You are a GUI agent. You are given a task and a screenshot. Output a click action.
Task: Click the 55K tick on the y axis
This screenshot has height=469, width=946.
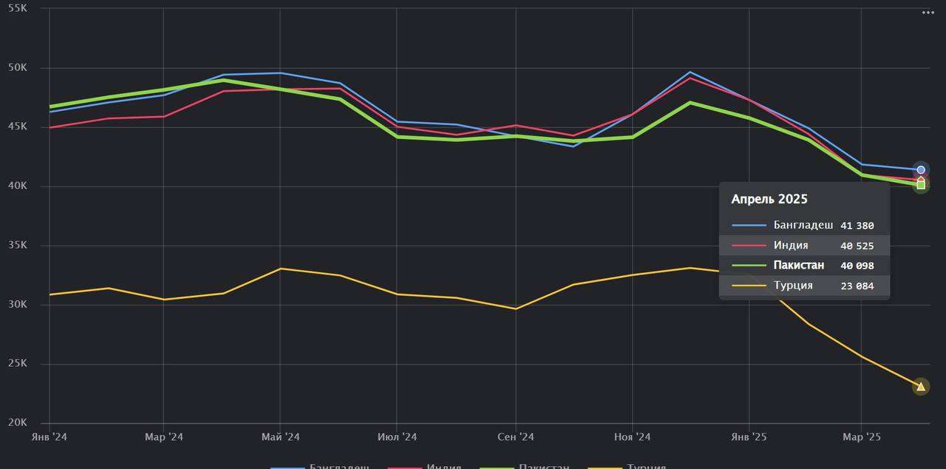coord(17,8)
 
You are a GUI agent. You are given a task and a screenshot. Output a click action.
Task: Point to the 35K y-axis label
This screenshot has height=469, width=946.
coord(17,246)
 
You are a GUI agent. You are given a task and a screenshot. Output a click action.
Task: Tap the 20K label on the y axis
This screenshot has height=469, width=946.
coord(17,422)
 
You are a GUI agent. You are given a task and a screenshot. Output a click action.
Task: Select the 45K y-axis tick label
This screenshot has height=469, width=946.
coord(17,126)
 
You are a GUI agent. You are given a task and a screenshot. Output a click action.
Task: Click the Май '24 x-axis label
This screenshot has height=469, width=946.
coord(280,437)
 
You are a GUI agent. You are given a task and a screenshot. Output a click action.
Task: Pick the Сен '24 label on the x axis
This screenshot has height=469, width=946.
coord(515,437)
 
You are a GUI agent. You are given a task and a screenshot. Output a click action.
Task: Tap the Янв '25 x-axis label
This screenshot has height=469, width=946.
coord(748,437)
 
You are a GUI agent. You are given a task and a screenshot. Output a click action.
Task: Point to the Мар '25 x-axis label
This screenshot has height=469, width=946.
coord(862,437)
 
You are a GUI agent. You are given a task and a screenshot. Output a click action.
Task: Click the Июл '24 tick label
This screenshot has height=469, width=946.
coord(397,437)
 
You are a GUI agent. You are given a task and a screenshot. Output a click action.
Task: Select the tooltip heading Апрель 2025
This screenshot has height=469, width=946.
coord(769,199)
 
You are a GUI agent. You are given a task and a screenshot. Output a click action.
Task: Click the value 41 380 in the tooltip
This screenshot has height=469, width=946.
coord(857,226)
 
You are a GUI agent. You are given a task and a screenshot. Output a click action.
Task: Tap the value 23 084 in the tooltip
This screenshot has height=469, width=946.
coord(857,286)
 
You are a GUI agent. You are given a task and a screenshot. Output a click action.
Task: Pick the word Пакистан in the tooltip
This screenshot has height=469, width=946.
coord(799,266)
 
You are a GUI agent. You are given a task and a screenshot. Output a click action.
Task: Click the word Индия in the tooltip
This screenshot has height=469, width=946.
coord(791,246)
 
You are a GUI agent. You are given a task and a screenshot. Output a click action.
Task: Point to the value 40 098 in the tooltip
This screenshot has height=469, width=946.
coord(857,266)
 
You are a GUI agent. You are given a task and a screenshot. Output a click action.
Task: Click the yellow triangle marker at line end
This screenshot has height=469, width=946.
coord(920,386)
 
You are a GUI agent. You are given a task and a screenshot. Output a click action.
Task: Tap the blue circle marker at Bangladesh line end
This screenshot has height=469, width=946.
coord(921,170)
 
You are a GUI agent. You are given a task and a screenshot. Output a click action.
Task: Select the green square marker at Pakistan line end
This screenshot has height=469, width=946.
coord(921,185)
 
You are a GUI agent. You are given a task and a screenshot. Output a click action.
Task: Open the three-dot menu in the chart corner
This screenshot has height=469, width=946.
coord(928,13)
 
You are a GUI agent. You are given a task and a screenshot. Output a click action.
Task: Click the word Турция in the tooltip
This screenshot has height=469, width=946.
coord(793,286)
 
